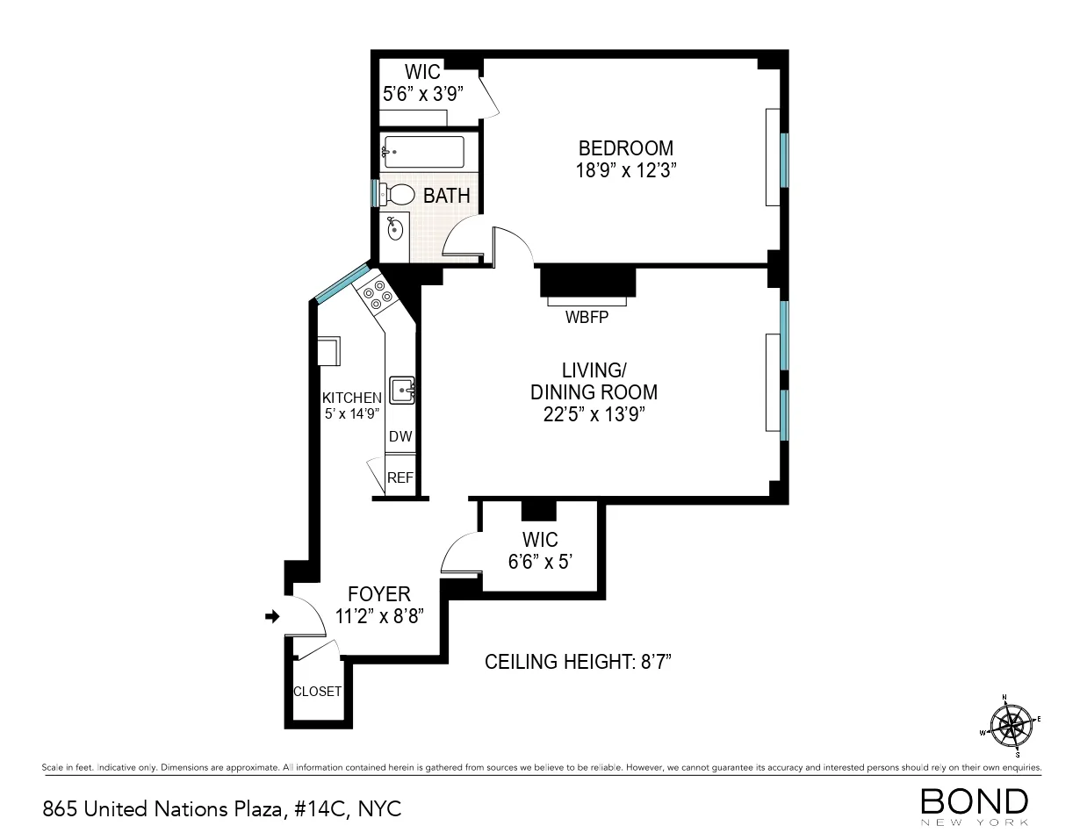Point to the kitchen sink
(403, 390)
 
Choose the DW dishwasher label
(400, 436)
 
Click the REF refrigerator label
(400, 477)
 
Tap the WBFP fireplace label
(587, 317)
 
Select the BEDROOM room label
(625, 148)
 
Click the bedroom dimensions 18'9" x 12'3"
(625, 170)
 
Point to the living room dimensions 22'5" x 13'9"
(594, 415)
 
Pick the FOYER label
(379, 594)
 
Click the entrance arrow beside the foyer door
(272, 617)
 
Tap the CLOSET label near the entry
(317, 692)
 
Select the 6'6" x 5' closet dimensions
(540, 561)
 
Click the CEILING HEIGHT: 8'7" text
(578, 662)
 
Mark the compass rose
(1011, 725)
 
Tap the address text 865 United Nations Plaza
(221, 808)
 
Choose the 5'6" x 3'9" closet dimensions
(422, 93)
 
